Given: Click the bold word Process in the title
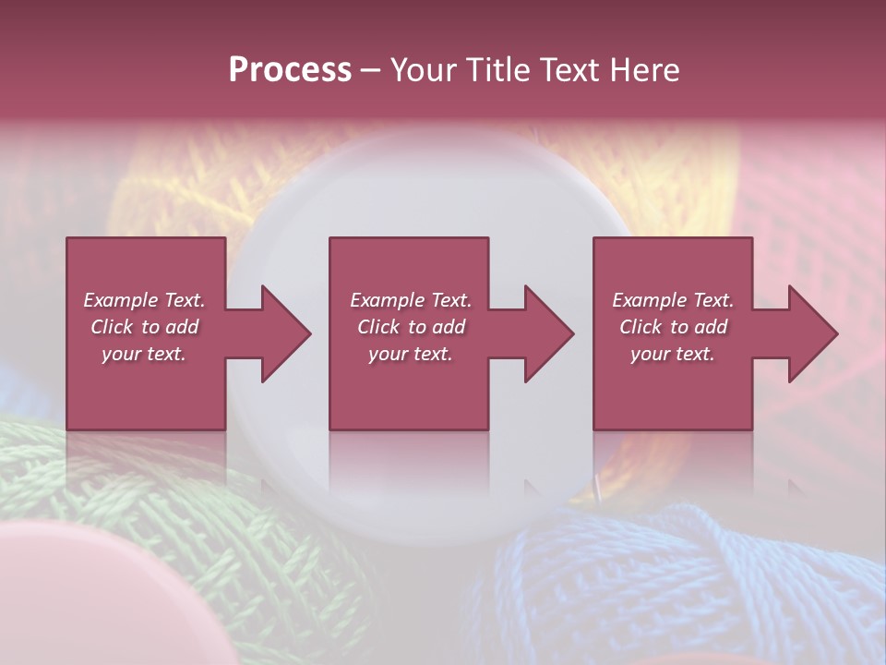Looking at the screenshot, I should tap(290, 69).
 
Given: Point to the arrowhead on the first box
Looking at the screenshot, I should tap(286, 333).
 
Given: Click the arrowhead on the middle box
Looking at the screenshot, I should tap(549, 333).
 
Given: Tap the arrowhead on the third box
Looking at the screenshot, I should tap(813, 333).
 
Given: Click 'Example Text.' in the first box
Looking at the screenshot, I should tap(144, 300).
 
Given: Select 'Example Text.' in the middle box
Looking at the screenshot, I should tap(411, 300).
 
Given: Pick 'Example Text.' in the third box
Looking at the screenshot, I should tap(673, 300).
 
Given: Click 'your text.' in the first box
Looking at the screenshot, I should tap(144, 354).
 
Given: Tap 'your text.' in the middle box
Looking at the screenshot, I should tap(411, 354).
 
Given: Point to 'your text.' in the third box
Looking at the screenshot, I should tap(673, 354).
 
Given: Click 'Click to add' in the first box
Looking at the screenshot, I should tap(144, 327).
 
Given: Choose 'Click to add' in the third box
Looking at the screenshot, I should tap(673, 327).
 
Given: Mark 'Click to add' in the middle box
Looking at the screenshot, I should tap(411, 327).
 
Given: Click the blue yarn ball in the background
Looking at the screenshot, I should tap(683, 582).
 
